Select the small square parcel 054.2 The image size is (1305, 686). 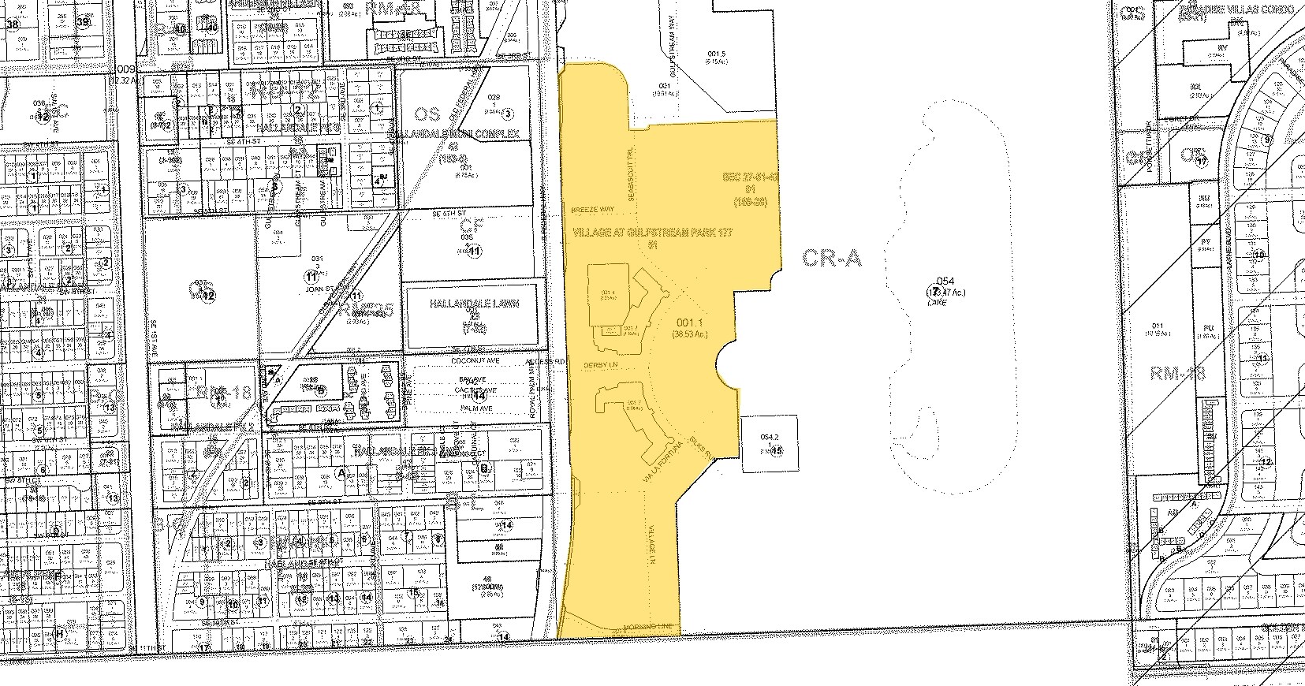[770, 443]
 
